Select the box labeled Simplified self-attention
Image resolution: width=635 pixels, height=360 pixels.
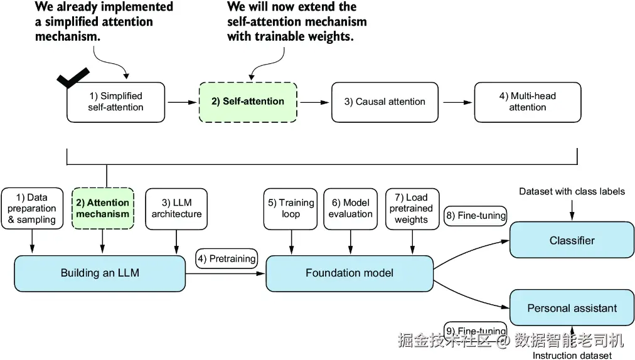[x=116, y=102]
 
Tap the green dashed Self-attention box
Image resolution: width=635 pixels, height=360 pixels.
[x=248, y=102]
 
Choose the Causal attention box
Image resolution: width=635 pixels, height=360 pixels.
[x=385, y=102]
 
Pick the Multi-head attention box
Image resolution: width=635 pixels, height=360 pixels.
[x=528, y=102]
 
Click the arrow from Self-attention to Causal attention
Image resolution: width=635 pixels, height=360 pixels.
[x=314, y=102]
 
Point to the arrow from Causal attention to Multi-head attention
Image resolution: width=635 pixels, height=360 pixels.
[x=457, y=102]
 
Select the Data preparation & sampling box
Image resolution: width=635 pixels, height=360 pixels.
[x=33, y=208]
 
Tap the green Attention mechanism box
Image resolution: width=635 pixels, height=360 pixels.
[x=103, y=208]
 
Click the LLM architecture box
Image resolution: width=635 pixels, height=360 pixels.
[x=176, y=209]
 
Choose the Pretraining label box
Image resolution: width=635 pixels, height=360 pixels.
[x=227, y=258]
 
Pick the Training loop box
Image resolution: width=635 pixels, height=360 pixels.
[x=291, y=209]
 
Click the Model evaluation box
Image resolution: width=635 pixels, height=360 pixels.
[x=351, y=209]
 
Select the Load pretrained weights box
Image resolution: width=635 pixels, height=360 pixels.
[x=412, y=209]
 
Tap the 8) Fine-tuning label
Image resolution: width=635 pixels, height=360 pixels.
[x=476, y=216]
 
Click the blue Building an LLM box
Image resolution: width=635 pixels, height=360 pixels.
[x=100, y=273]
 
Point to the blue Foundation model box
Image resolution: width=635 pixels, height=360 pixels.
[x=350, y=273]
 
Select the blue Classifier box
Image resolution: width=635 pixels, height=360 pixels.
[x=572, y=240]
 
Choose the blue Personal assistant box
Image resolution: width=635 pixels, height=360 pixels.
[x=572, y=308]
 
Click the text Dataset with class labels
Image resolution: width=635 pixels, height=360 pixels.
[x=572, y=191]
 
